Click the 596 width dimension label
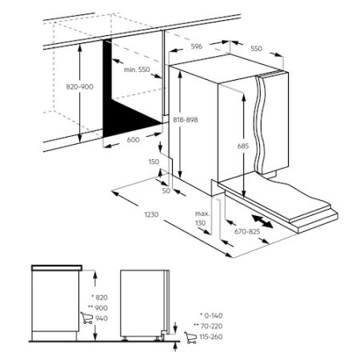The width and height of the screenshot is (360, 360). click(x=197, y=46)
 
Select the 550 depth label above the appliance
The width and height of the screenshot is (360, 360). click(x=257, y=49)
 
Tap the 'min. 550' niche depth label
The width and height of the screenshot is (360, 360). click(x=137, y=70)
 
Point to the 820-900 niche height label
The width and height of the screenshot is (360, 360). click(x=80, y=87)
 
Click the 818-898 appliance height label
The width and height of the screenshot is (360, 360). click(x=186, y=120)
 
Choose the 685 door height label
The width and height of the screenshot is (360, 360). click(x=243, y=146)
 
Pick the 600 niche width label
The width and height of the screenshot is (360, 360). click(x=133, y=140)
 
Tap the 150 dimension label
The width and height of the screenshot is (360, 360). click(x=154, y=162)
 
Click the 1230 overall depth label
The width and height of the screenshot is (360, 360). click(x=151, y=214)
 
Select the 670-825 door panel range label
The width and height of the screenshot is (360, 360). click(x=247, y=232)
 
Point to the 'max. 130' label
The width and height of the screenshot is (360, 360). click(x=202, y=218)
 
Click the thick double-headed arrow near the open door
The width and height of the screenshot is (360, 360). click(x=262, y=222)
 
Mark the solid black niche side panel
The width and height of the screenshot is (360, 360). click(x=126, y=106)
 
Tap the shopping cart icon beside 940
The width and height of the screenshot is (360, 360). click(x=86, y=318)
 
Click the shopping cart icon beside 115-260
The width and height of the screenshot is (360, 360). click(x=190, y=338)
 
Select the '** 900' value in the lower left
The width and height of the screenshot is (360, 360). click(x=98, y=308)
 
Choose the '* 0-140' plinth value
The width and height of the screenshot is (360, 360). click(x=211, y=316)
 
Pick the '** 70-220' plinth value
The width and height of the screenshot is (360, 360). click(x=208, y=326)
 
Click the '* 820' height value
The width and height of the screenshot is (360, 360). click(x=99, y=298)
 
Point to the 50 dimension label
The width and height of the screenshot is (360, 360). click(x=166, y=190)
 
